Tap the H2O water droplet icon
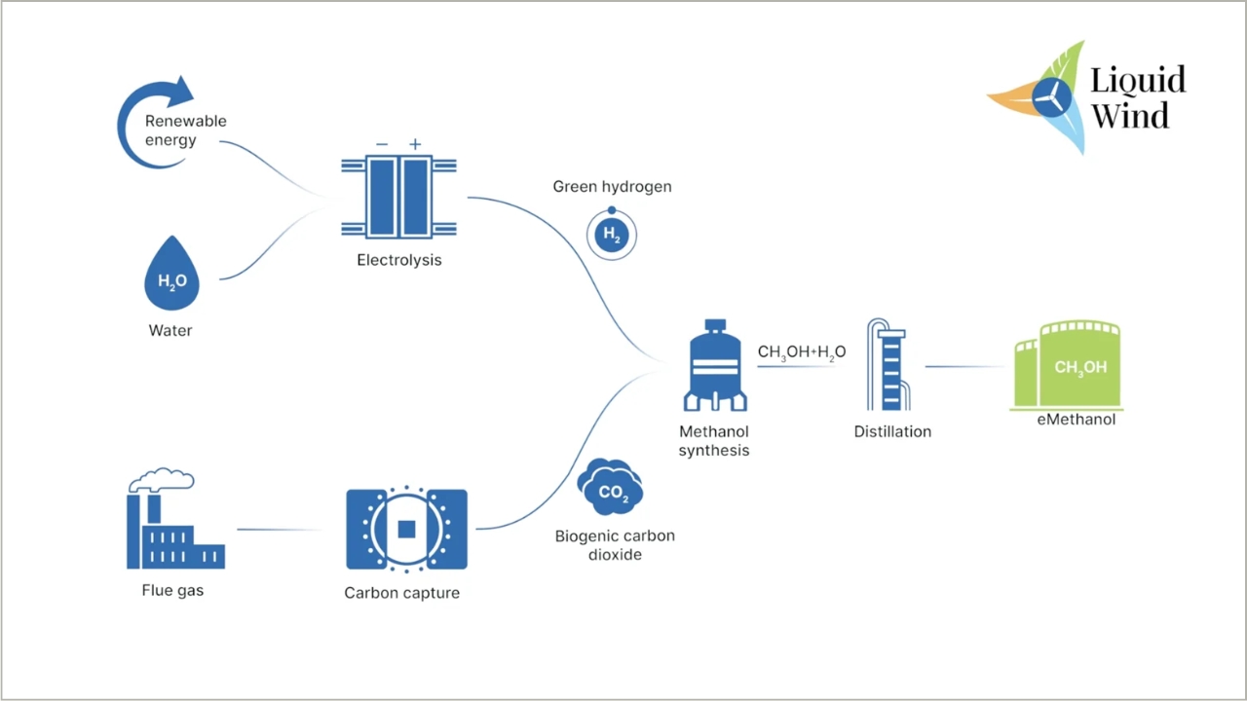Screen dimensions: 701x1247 tap(172, 274)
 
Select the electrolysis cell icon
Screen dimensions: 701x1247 tap(399, 197)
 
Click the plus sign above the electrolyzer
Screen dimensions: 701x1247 tap(415, 144)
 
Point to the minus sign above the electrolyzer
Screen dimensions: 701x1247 tap(382, 144)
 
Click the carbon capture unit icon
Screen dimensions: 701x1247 tap(406, 530)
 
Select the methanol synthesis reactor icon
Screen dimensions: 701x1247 tap(715, 366)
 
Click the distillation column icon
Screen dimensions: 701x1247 tap(888, 364)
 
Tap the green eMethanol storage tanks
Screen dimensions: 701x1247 tap(1069, 366)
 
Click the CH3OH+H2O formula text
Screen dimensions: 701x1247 tap(801, 351)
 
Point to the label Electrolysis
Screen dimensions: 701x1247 tap(399, 260)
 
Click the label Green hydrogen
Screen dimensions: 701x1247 tap(612, 186)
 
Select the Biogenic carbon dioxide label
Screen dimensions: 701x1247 tap(615, 545)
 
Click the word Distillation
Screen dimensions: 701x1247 tap(892, 431)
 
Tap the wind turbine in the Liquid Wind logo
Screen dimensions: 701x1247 tap(1051, 97)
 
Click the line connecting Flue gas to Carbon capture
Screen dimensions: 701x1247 tap(280, 531)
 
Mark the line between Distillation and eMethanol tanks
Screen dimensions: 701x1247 tap(964, 367)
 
